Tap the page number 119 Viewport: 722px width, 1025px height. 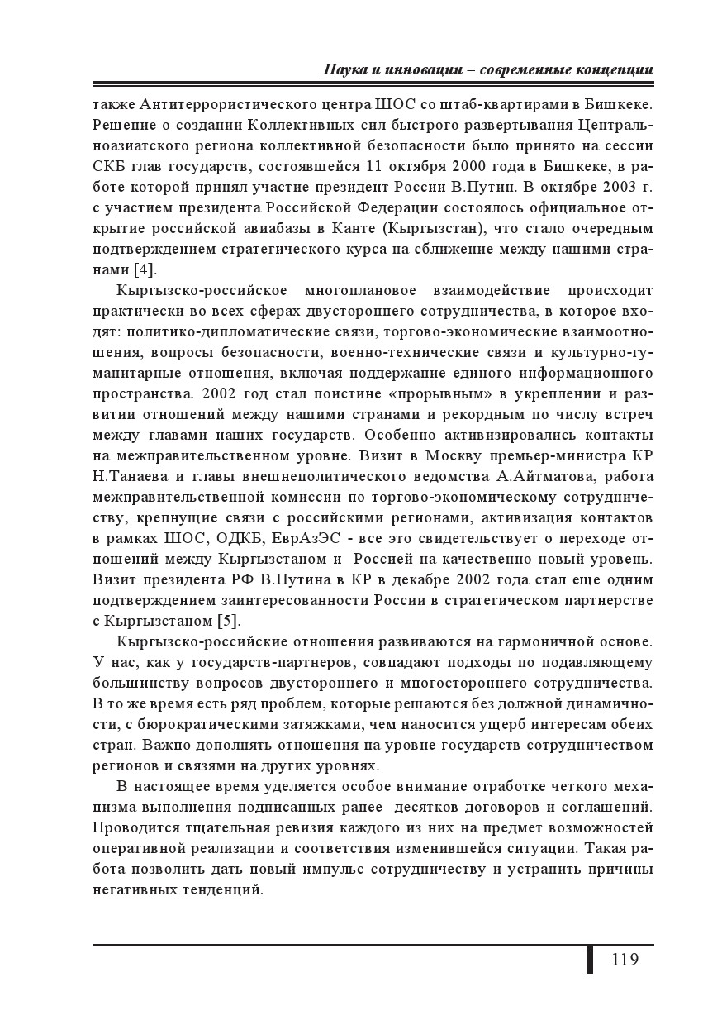tap(625, 959)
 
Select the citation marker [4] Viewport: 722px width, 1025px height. tap(145, 269)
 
